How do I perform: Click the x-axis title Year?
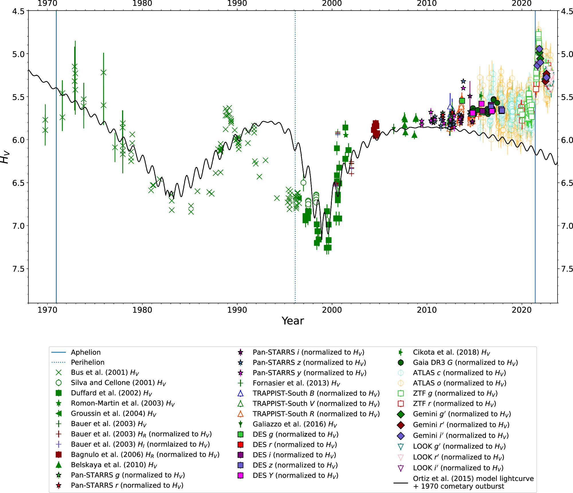click(x=293, y=321)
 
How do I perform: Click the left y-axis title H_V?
click(x=5, y=157)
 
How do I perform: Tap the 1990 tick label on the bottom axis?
click(x=237, y=310)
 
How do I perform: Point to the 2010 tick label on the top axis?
click(x=427, y=3)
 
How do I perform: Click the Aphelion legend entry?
click(x=86, y=352)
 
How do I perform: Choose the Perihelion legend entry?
click(x=87, y=362)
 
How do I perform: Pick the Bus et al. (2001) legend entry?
click(x=105, y=373)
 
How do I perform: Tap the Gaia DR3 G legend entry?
click(x=465, y=363)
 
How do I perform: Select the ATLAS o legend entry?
click(x=459, y=383)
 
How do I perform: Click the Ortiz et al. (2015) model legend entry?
click(x=473, y=482)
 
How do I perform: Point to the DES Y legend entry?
click(x=295, y=476)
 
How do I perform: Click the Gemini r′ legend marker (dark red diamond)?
click(x=401, y=425)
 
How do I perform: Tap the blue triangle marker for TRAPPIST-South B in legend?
click(x=241, y=393)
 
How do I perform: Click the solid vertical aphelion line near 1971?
click(x=56, y=229)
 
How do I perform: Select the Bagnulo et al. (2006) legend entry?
click(x=145, y=455)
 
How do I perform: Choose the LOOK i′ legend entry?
click(x=458, y=468)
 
